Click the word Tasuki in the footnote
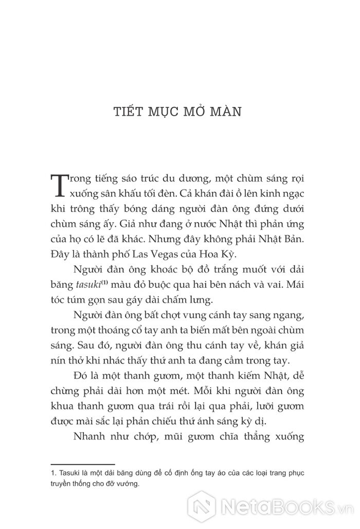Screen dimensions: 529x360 tap(68, 472)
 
